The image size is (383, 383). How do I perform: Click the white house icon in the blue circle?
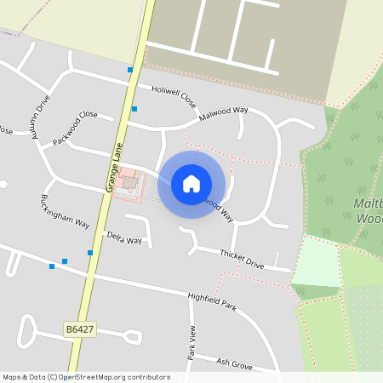tap(191, 184)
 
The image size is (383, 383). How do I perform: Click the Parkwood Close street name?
tap(76, 128)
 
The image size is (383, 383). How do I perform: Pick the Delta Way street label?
tap(124, 237)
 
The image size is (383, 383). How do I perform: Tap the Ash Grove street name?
tap(234, 363)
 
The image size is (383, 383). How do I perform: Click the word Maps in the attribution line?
tap(13, 377)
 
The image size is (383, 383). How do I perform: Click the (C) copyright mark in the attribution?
tap(53, 377)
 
